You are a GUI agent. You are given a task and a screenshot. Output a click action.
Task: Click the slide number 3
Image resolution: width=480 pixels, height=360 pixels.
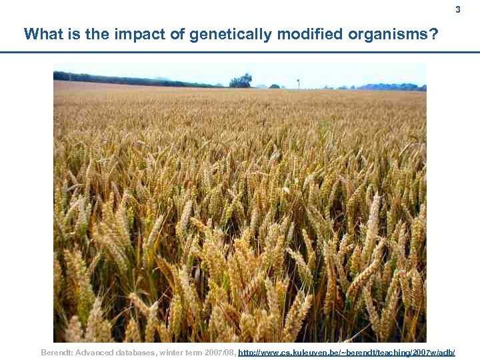click(457, 9)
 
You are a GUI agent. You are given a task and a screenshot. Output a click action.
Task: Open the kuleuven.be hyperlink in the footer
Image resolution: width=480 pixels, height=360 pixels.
click(347, 351)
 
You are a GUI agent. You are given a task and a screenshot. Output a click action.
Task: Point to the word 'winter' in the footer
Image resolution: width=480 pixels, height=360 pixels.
click(169, 351)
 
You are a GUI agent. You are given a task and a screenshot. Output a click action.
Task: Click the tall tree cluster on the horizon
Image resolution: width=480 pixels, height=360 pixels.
click(241, 81)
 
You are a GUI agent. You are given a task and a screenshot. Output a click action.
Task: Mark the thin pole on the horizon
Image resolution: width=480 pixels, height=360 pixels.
click(298, 83)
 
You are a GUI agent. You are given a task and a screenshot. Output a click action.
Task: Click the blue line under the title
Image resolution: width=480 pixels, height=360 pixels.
click(240, 52)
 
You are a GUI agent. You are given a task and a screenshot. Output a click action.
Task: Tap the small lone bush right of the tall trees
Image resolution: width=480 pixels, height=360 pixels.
click(274, 86)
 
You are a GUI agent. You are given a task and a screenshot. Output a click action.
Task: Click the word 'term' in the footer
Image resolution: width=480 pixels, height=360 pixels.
click(192, 351)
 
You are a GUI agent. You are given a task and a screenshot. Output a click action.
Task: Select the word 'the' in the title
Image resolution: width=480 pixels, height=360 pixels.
click(89, 34)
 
